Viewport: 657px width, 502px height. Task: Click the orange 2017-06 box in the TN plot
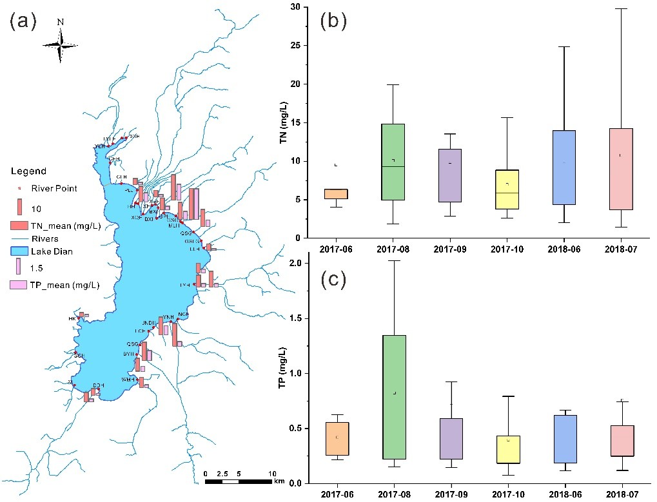[335, 193]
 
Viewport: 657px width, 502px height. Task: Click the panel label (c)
[334, 279]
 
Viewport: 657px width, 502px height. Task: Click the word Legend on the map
[29, 171]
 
